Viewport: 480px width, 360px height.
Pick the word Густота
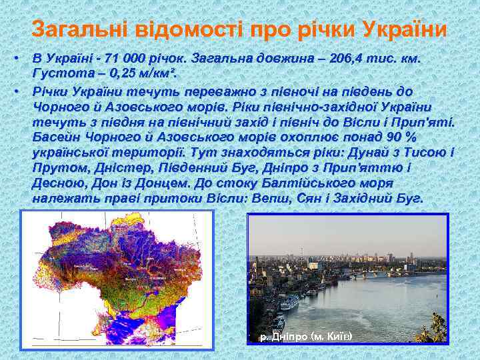click(59, 74)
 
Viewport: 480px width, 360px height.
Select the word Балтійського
click(313, 183)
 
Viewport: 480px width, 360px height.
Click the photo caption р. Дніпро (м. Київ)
click(306, 337)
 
